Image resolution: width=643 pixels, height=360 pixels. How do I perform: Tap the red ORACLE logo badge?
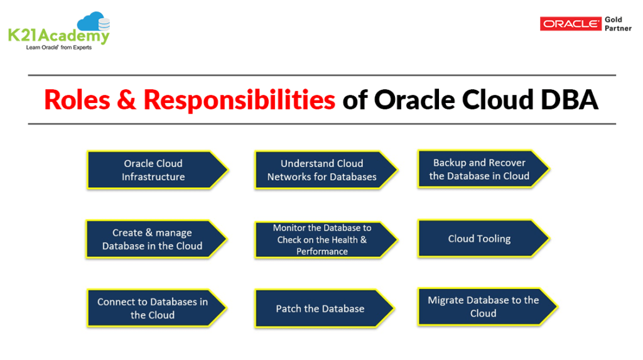click(x=570, y=23)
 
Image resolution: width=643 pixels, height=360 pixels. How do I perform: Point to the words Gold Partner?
click(x=618, y=24)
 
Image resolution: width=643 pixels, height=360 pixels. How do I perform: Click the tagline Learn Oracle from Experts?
click(x=58, y=47)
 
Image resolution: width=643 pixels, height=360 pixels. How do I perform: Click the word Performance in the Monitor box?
click(x=322, y=251)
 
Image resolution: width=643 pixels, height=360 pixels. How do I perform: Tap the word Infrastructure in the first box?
click(x=153, y=177)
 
